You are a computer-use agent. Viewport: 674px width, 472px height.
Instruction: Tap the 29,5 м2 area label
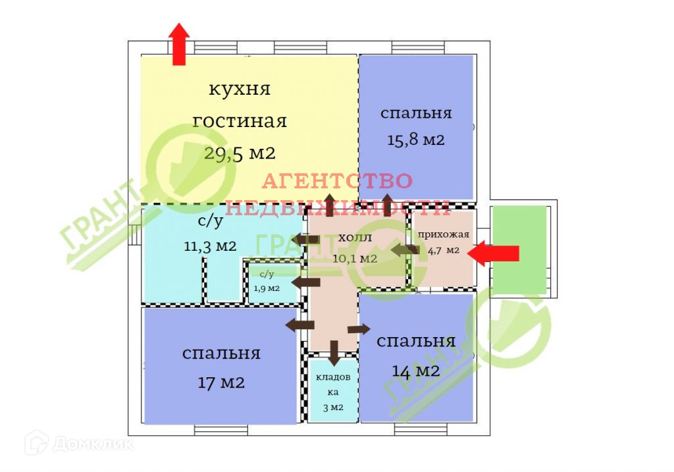point(240,153)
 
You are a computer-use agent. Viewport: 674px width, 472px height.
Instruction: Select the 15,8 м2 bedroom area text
point(415,140)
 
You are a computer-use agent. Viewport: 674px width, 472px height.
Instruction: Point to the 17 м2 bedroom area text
point(221,382)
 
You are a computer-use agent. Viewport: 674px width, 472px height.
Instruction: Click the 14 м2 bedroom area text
point(415,371)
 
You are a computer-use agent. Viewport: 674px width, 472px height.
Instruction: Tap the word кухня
point(240,89)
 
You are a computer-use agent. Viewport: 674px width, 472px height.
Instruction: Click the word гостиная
point(240,121)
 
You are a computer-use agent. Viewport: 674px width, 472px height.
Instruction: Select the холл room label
point(355,237)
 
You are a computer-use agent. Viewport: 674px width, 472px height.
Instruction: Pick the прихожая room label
point(443,234)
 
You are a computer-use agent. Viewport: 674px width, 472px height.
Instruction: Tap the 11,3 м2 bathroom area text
point(211,246)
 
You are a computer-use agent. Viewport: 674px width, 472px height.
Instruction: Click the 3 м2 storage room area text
point(333,407)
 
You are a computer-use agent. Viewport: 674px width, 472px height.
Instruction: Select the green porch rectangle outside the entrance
point(520,249)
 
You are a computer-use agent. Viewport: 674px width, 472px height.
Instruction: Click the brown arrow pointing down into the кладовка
point(334,353)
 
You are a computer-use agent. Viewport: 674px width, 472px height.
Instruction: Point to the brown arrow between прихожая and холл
point(403,249)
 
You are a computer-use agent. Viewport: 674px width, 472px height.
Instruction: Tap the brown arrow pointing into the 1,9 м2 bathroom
point(305,282)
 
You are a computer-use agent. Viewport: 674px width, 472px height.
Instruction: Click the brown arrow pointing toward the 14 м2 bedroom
point(359,328)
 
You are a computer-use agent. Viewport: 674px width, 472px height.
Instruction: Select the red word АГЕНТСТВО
point(338,180)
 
